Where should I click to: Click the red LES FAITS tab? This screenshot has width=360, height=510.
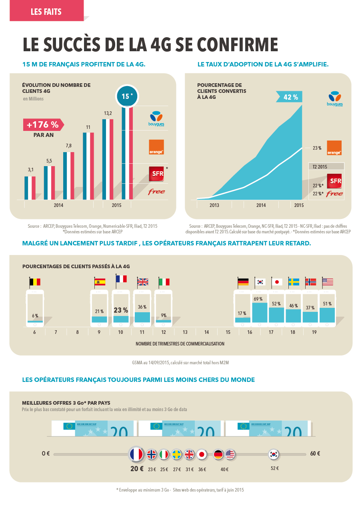[x=46, y=12]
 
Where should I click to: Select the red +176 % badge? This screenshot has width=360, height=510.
[x=42, y=125]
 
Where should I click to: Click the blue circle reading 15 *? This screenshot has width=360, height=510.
[x=127, y=96]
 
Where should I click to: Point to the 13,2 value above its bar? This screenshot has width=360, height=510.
[x=108, y=114]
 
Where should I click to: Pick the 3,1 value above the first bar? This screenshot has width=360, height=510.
[x=30, y=170]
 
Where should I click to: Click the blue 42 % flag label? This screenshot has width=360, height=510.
[x=290, y=97]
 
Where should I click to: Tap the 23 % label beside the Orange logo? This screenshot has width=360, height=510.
[x=317, y=148]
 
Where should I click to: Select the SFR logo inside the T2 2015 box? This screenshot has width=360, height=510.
[x=334, y=181]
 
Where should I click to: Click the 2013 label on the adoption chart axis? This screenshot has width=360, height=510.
[x=214, y=205]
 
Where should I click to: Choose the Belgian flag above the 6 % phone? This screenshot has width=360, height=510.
[x=35, y=282]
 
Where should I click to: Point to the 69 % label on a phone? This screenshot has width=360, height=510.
[x=258, y=299]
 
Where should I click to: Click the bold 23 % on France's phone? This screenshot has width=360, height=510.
[x=121, y=310]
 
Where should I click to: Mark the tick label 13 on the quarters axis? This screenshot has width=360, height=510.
[x=185, y=332]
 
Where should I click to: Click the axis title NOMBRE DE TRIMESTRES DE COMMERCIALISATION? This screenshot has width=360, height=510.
[x=180, y=343]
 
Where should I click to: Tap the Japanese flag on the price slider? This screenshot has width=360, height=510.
[x=202, y=454]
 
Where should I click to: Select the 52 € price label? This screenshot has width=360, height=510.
[x=275, y=468]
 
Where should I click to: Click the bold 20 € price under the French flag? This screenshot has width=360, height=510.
[x=137, y=469]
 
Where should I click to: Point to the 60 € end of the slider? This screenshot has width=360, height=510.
[x=315, y=454]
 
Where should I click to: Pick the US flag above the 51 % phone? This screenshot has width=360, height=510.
[x=328, y=282]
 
